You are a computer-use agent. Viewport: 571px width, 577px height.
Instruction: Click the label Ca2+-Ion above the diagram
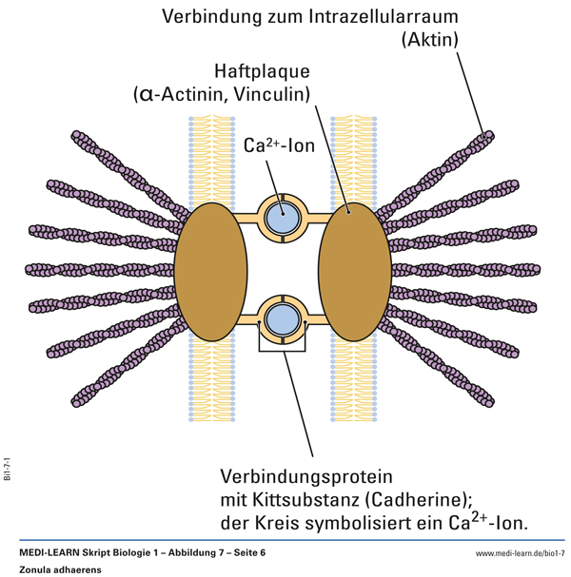click(x=279, y=146)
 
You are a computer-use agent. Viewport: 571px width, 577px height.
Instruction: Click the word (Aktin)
click(x=429, y=40)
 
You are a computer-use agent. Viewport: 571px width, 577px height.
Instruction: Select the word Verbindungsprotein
click(x=306, y=475)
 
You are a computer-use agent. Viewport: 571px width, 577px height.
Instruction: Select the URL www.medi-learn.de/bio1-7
click(x=520, y=552)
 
